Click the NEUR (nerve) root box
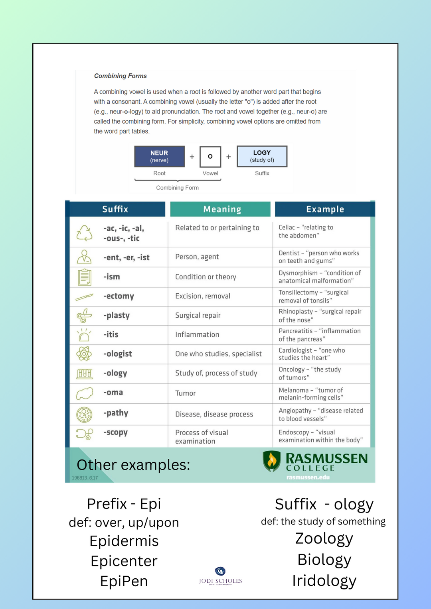(x=159, y=156)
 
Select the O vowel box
(x=210, y=157)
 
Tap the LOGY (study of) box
(x=262, y=156)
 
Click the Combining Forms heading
(x=120, y=76)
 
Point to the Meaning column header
(x=222, y=209)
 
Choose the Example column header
(x=325, y=209)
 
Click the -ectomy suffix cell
(x=119, y=296)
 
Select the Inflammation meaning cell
(x=197, y=335)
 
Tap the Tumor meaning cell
(x=186, y=393)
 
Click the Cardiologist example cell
(x=312, y=354)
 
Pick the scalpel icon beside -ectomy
(x=84, y=297)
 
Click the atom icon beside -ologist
(x=84, y=354)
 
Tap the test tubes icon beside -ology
(x=84, y=373)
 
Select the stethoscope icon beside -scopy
(x=84, y=434)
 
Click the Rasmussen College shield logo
(x=272, y=461)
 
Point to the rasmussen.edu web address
(x=308, y=477)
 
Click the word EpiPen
(x=124, y=581)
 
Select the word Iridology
(x=324, y=581)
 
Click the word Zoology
(x=324, y=538)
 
